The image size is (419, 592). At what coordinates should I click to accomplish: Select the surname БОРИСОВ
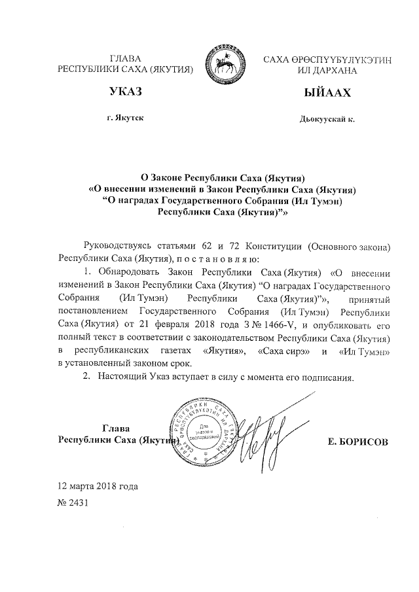359,442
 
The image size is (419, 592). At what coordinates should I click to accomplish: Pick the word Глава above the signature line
116,428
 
